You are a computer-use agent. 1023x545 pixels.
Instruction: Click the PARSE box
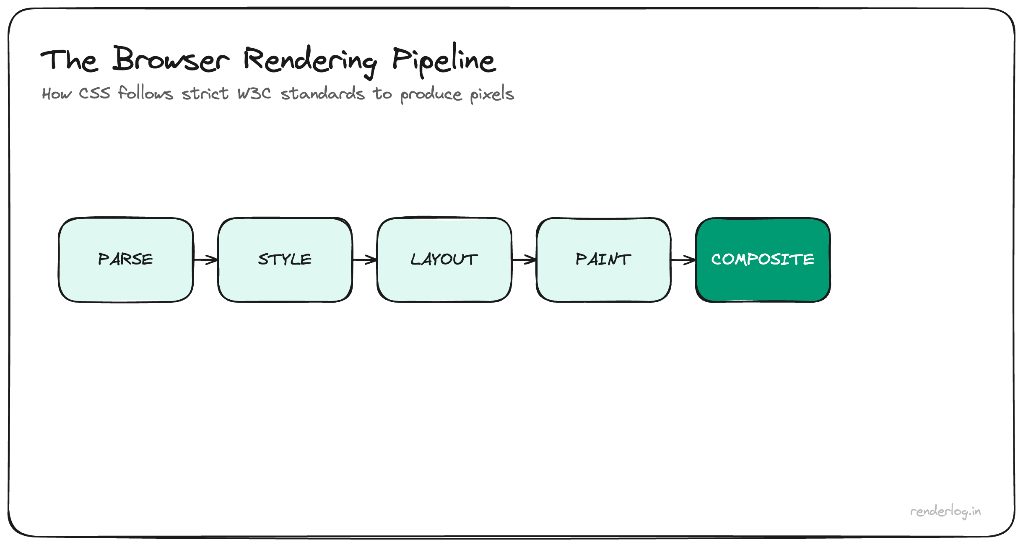[126, 260]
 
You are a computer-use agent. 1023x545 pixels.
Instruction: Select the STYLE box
[285, 260]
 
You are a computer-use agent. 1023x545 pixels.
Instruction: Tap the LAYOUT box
[444, 260]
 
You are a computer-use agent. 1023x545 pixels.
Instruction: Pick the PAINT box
[604, 260]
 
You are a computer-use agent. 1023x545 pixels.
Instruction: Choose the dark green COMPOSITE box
[763, 260]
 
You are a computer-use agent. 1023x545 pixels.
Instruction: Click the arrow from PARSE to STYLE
[205, 260]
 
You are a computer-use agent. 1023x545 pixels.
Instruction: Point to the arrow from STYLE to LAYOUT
[365, 260]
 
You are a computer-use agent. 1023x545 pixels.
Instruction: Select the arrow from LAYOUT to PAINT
[524, 260]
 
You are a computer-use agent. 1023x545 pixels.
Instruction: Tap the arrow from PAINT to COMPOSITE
[683, 260]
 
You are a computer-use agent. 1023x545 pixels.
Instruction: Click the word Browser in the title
[171, 60]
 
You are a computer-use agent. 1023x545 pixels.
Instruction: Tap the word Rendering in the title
[310, 61]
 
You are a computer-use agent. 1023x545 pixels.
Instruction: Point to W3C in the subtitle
[254, 93]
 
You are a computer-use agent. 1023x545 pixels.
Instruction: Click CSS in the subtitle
[94, 93]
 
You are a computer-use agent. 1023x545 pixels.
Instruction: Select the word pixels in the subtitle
[492, 94]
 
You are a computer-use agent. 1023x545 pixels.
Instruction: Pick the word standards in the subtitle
[322, 93]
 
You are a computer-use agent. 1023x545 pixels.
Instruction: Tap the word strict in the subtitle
[205, 93]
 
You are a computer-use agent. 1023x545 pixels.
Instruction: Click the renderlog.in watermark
[945, 511]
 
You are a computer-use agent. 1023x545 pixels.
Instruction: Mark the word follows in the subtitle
[145, 93]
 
